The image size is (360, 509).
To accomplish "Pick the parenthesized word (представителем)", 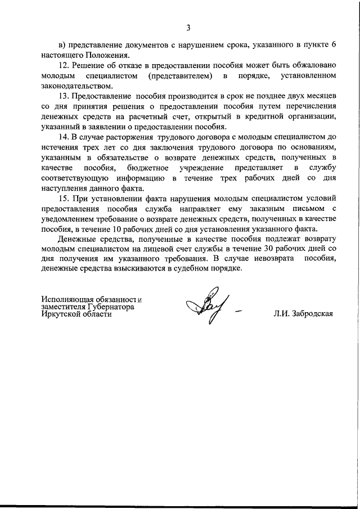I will [x=179, y=75].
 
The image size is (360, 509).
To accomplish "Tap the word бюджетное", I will [x=151, y=168].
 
